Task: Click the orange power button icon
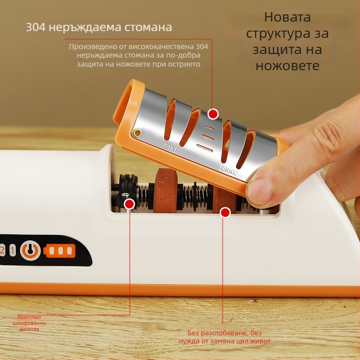click(30, 251)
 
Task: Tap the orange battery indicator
click(59, 251)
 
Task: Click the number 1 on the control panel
click(13, 250)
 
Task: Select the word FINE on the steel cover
click(171, 148)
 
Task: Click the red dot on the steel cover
click(213, 114)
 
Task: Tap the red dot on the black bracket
click(129, 204)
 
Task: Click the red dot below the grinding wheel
click(225, 212)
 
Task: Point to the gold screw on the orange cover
click(137, 132)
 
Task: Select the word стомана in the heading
click(148, 27)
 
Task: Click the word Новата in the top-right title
click(288, 17)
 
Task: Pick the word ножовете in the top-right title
click(288, 66)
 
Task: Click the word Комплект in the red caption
click(29, 317)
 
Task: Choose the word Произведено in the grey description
click(93, 47)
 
